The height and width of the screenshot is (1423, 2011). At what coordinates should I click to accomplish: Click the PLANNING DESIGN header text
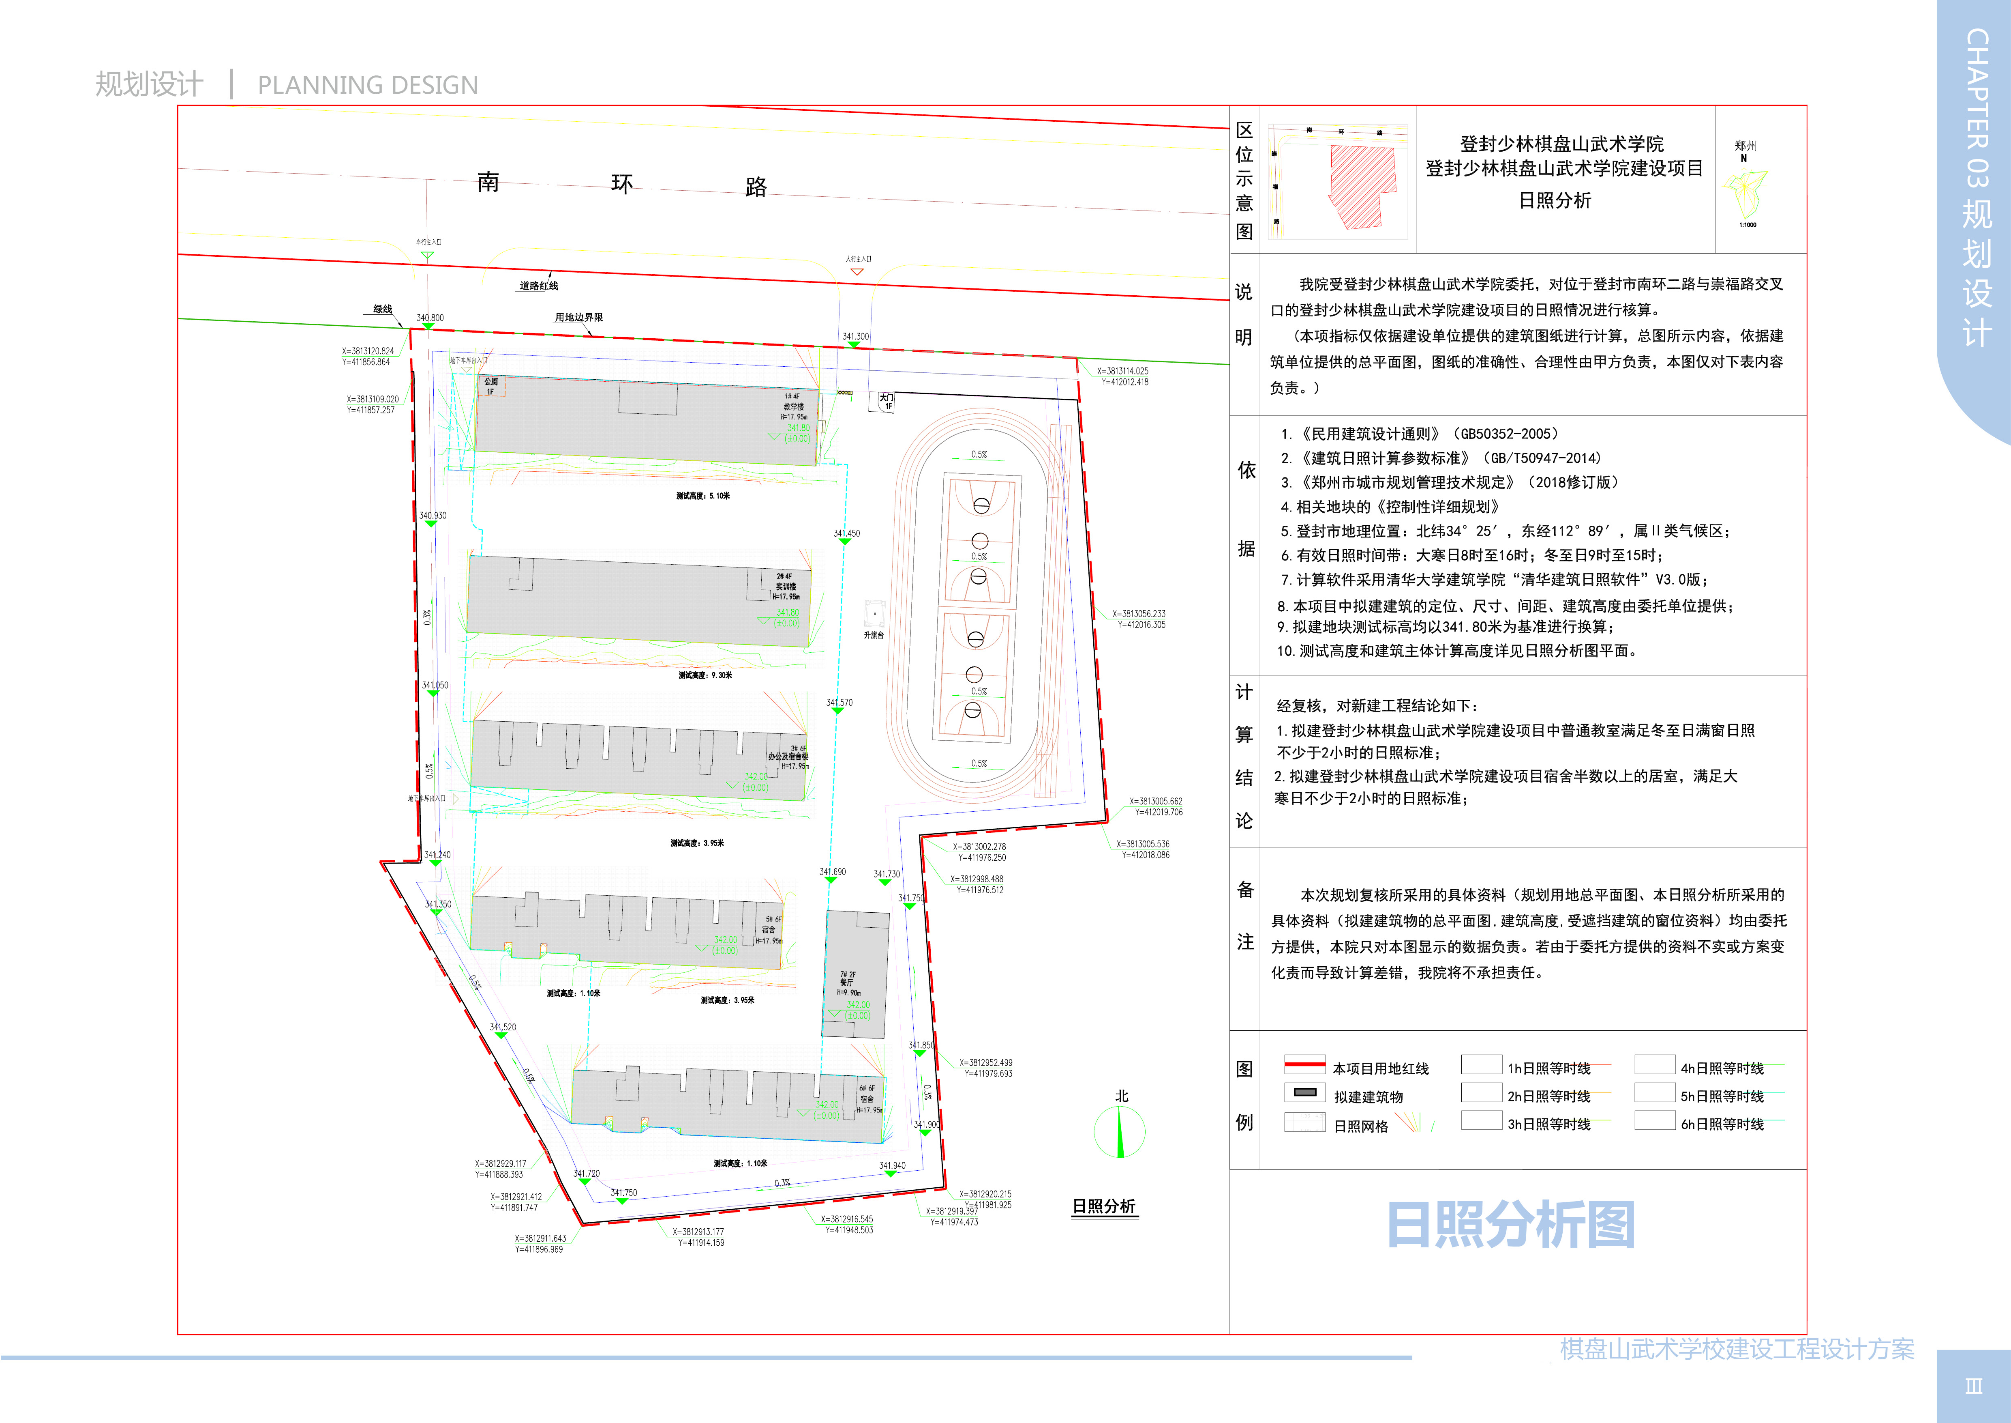(368, 85)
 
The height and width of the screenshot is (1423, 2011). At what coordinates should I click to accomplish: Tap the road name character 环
(622, 184)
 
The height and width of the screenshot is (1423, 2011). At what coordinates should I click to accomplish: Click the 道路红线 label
(539, 286)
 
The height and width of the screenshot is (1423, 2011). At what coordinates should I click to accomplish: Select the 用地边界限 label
(579, 317)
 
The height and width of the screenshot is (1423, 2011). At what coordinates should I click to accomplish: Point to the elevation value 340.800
(430, 318)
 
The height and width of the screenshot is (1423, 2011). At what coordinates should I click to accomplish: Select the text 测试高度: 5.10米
(702, 496)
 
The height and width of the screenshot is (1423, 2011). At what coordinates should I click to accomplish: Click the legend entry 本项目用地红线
(1380, 1068)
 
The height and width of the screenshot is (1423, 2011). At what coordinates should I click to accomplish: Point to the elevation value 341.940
(893, 1165)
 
